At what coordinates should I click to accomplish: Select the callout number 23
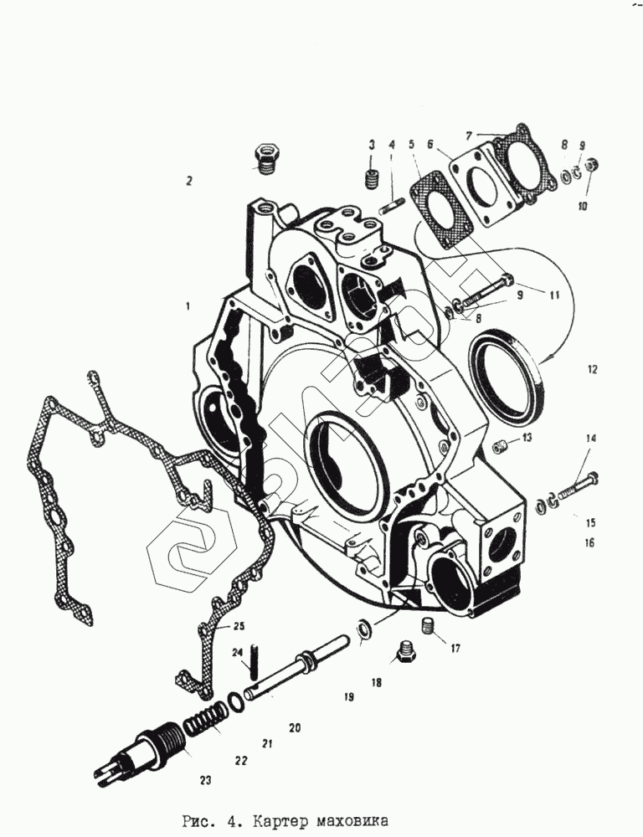point(206,780)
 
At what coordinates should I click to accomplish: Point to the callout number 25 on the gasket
point(239,626)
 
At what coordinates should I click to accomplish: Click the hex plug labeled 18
point(404,653)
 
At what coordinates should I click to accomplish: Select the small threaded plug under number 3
point(373,180)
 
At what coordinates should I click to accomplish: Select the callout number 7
point(470,134)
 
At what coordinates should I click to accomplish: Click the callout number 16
point(589,543)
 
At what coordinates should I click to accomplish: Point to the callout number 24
point(237,653)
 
